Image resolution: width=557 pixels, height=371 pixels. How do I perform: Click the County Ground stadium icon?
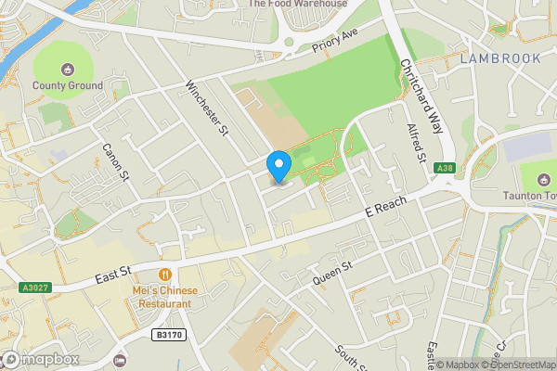pyautogui.click(x=67, y=70)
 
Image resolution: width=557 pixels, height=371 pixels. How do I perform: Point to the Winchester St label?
pyautogui.click(x=207, y=109)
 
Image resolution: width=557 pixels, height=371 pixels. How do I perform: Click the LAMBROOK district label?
pyautogui.click(x=500, y=58)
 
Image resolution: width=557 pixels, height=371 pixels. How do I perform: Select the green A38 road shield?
pyautogui.click(x=446, y=167)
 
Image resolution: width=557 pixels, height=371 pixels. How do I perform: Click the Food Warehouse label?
pyautogui.click(x=297, y=4)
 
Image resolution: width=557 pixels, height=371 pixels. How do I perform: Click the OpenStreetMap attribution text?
pyautogui.click(x=515, y=365)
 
